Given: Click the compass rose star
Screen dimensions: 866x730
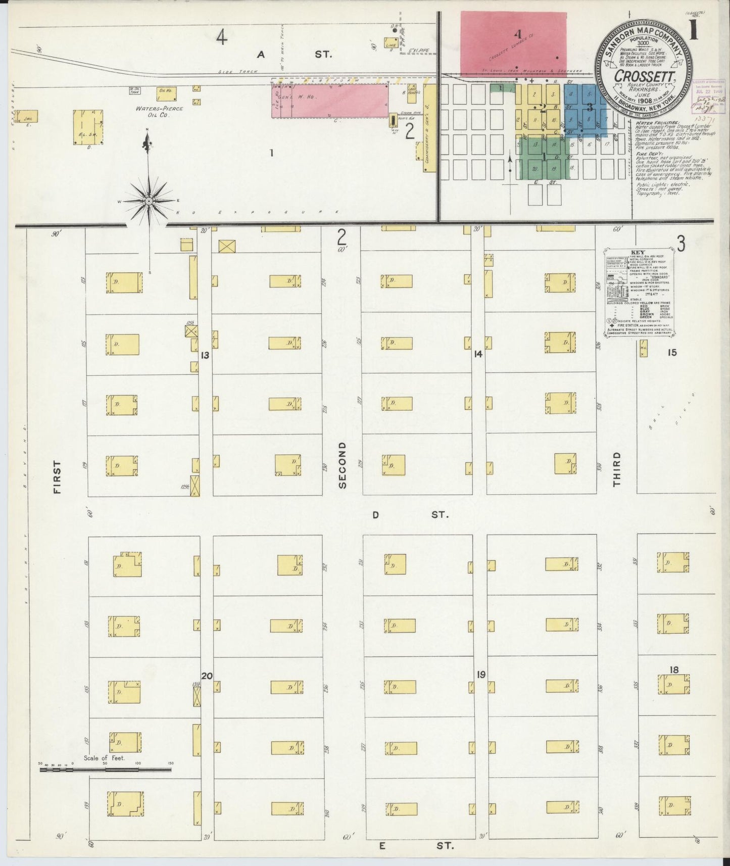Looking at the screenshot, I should point(149,201).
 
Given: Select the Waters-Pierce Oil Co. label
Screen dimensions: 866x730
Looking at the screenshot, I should point(159,112).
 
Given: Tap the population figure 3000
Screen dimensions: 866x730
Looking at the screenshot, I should point(644,44).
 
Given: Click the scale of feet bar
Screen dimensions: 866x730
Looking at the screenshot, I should point(105,770).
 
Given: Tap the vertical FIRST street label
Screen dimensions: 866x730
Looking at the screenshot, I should point(56,476).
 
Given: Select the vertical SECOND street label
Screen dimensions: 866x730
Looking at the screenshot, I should point(343,465).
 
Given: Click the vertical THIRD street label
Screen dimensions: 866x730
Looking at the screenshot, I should point(616,469).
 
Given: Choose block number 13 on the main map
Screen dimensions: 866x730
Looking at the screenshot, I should point(205,355).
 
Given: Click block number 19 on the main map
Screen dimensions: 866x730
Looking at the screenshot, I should point(480,674).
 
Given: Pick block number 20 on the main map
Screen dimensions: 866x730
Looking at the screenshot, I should point(207,676).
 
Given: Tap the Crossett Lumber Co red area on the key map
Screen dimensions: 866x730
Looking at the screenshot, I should point(513,42).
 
